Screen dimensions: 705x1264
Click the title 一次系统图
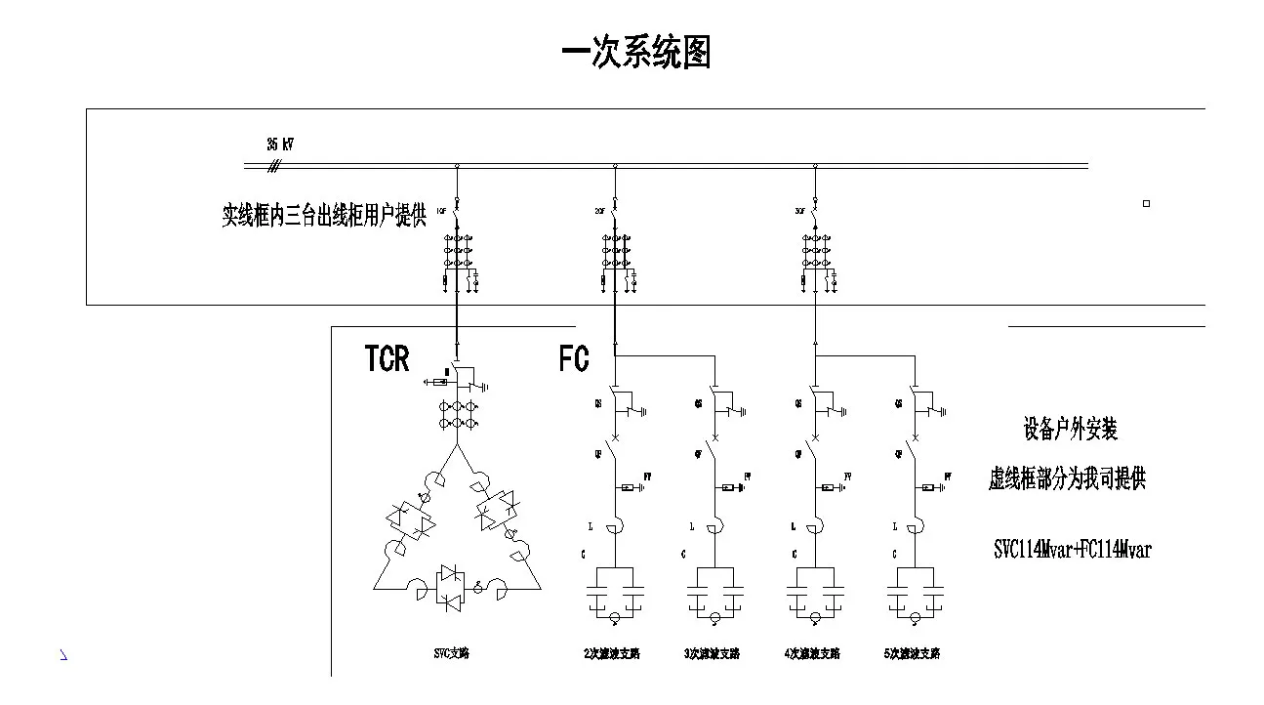[636, 53]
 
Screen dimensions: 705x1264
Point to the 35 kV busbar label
[280, 145]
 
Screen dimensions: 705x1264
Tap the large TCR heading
[387, 358]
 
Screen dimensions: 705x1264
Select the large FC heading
[574, 358]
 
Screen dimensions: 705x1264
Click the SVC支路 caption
[452, 653]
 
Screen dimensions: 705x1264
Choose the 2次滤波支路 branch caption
[612, 653]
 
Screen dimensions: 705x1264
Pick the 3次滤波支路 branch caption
[712, 653]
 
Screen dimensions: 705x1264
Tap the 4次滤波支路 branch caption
[812, 653]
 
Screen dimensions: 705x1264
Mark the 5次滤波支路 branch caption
[913, 653]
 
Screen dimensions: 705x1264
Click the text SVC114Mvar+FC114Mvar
[1072, 550]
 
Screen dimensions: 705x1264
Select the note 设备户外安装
[1070, 429]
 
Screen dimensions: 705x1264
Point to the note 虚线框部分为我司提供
[1067, 479]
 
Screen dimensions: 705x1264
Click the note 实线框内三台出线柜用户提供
[324, 215]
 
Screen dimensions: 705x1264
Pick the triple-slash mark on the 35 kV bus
[274, 167]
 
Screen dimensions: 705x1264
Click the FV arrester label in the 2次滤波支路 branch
[645, 477]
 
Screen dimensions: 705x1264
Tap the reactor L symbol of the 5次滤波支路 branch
[914, 528]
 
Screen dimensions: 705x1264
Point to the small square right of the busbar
[1146, 204]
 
